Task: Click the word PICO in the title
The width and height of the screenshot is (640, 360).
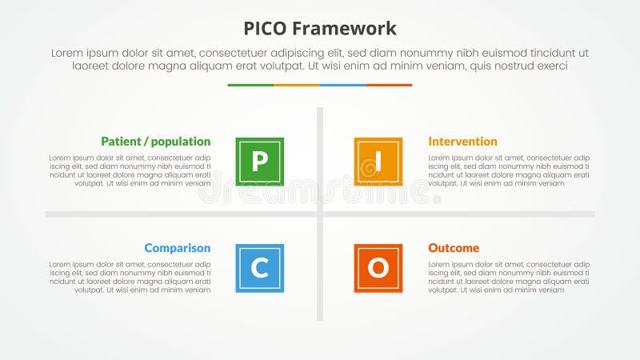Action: point(266,29)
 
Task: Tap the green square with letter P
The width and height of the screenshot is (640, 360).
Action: point(260,162)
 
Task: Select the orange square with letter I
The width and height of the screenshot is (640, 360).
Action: point(378,162)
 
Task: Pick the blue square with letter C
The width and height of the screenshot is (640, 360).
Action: point(260,268)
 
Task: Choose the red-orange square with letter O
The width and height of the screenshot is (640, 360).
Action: point(378,268)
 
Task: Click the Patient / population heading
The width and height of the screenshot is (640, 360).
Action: point(156,142)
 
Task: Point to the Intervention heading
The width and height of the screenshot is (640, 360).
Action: point(462,142)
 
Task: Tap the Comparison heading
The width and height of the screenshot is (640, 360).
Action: point(178,248)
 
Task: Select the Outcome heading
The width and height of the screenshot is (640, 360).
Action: point(454,248)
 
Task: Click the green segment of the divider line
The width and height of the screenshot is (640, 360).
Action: point(250,85)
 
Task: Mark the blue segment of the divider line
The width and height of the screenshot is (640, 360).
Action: point(343,85)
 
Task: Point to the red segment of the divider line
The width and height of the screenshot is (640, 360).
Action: point(390,85)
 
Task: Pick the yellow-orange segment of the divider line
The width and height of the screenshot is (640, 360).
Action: point(297,85)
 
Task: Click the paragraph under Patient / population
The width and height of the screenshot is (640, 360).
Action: point(130,170)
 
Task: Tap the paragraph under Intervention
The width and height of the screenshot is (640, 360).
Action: point(509,170)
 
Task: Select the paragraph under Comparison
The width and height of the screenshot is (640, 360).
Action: point(130,277)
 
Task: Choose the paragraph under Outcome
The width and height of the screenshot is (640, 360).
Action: point(509,277)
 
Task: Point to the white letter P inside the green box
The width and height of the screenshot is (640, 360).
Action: point(259,162)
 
